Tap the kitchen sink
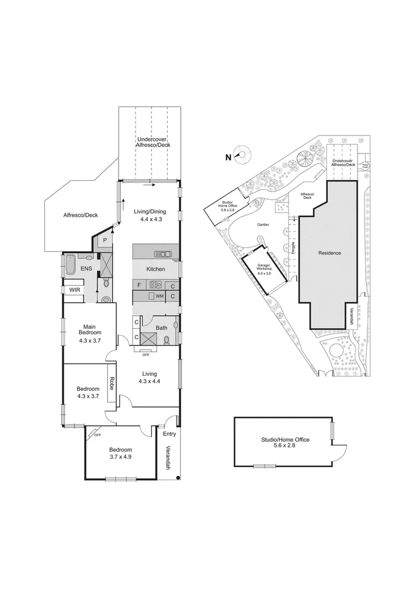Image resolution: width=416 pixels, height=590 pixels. pyautogui.click(x=163, y=253)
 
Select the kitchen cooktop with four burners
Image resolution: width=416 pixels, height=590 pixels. pyautogui.click(x=156, y=284)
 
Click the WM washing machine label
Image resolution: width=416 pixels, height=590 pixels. pyautogui.click(x=160, y=296)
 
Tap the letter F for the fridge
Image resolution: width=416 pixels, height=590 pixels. pyautogui.click(x=139, y=285)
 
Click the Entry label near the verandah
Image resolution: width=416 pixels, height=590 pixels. pyautogui.click(x=169, y=434)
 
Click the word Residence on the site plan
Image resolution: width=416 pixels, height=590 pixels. pyautogui.click(x=330, y=253)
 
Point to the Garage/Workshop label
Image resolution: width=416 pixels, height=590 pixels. pyautogui.click(x=265, y=268)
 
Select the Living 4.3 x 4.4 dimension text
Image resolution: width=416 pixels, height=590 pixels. pyautogui.click(x=149, y=381)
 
